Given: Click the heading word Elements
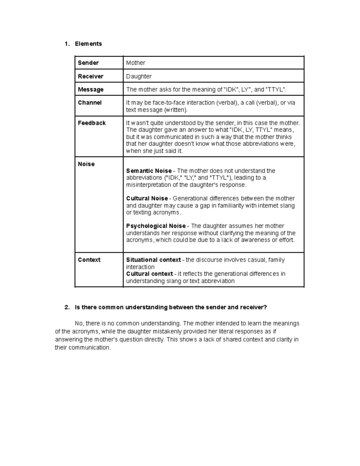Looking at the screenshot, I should coord(88,44).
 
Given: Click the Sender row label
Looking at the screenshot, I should coord(88,63).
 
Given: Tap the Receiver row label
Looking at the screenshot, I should coord(91,76).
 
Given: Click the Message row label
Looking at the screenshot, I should coord(91,89).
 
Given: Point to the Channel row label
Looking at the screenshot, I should coord(90,103).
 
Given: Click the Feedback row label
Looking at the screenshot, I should coord(92,123).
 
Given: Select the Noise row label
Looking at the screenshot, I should coord(86,164).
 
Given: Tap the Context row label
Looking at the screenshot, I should coord(89,260).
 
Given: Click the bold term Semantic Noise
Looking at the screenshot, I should coord(149,171).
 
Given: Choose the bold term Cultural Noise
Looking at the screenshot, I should coord(147,198).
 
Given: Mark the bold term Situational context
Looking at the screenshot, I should coord(153,260).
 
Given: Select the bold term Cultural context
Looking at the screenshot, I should coord(149,274).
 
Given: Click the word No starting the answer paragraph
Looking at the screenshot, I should coord(79,323).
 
